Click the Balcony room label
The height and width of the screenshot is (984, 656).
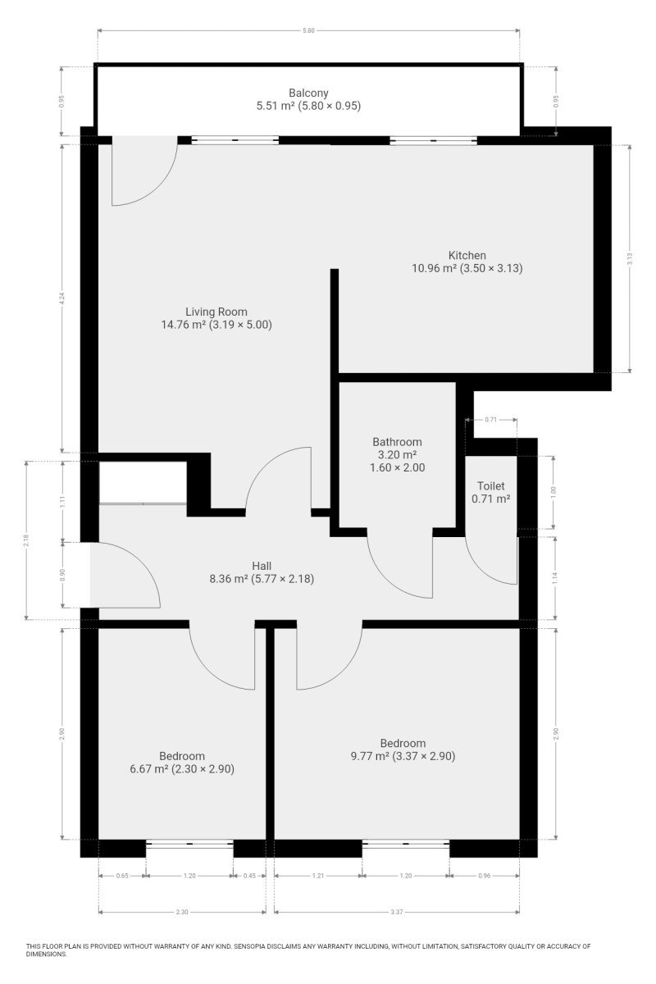(308, 93)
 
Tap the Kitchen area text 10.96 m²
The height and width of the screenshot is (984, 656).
(434, 268)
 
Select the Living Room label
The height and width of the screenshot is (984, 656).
(216, 312)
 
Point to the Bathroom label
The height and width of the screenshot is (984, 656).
(397, 442)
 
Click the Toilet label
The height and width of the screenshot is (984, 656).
(491, 485)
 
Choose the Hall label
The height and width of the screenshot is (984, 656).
(262, 566)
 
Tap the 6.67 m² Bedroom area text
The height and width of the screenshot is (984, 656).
(149, 769)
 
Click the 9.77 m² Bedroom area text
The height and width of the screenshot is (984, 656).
(370, 756)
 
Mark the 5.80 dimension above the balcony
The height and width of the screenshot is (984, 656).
(308, 31)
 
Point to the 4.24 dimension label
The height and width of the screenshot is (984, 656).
(62, 298)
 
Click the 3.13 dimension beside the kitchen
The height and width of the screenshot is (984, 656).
(630, 259)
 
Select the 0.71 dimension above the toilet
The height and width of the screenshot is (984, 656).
(491, 420)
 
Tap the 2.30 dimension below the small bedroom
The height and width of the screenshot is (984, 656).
(182, 909)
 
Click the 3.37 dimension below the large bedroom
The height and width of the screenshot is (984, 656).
(396, 909)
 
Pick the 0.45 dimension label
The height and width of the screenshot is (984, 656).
(249, 876)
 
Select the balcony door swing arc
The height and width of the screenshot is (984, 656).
(158, 187)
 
